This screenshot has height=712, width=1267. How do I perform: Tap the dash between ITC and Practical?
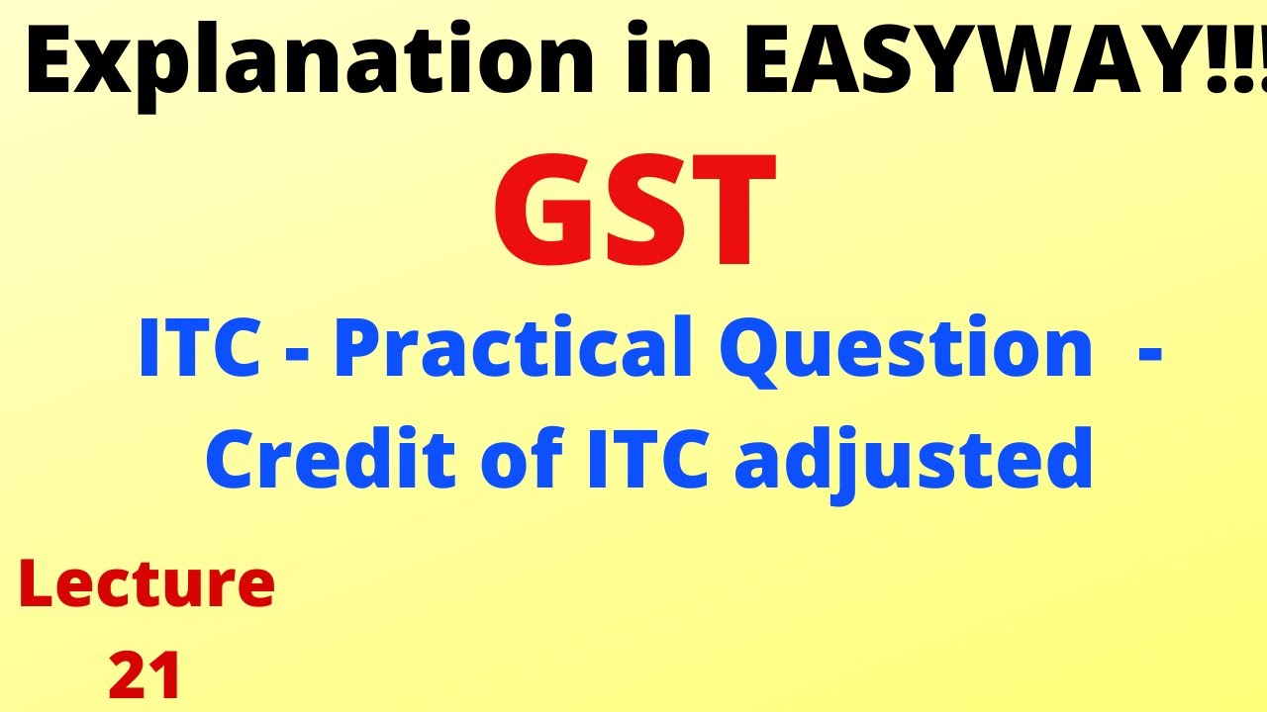click(x=290, y=354)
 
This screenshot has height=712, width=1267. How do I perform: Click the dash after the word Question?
click(x=1149, y=354)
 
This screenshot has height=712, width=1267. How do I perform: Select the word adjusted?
click(x=911, y=463)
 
